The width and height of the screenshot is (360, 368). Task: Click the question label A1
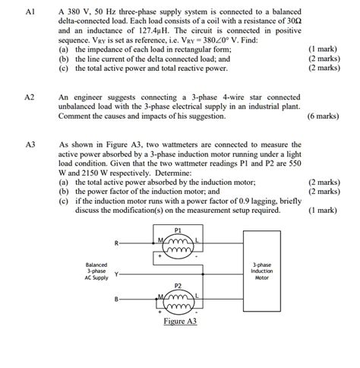[x=30, y=13]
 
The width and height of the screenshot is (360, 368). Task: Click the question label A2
[x=30, y=98]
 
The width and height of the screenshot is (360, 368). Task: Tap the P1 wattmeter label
[x=178, y=229]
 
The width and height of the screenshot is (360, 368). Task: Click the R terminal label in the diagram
[x=115, y=244]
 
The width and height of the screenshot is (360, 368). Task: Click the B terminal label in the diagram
[x=115, y=300]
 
